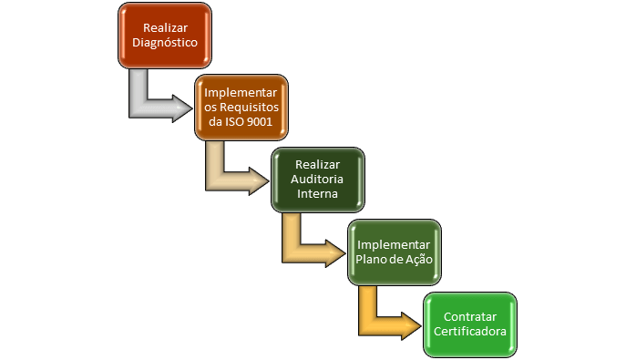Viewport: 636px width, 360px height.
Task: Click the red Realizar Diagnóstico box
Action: coord(165,34)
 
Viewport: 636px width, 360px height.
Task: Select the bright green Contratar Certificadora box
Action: coord(470,324)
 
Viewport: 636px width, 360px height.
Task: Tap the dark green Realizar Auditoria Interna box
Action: coord(318,180)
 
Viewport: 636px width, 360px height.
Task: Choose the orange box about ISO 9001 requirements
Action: coord(241,107)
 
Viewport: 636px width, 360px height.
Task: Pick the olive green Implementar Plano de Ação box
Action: coord(395,252)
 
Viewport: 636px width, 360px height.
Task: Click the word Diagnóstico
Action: coord(165,42)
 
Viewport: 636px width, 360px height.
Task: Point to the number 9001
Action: coord(259,122)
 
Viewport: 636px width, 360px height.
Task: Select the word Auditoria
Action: coord(318,180)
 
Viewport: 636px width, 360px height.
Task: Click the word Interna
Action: coord(318,194)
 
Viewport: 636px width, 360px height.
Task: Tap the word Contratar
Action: coord(470,316)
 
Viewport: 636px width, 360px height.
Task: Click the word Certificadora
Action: coord(470,331)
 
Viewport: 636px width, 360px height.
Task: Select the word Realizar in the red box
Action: coord(165,27)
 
